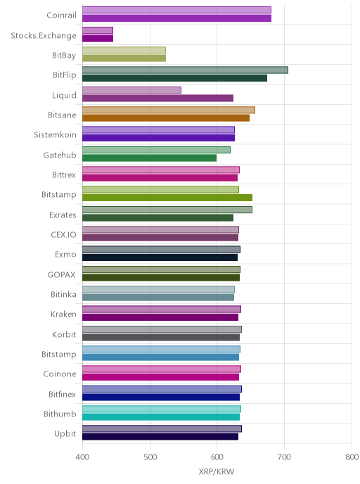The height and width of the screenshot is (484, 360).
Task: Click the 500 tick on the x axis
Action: pos(150,457)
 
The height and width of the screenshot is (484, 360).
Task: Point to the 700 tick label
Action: pos(284,457)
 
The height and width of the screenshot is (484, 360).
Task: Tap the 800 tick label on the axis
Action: pos(352,457)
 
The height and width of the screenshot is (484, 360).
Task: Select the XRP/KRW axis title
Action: pos(217,471)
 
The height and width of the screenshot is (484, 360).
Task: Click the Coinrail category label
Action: pos(61,15)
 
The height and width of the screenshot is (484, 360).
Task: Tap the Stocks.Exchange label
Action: pos(44,35)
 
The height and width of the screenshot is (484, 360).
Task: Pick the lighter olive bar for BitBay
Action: pos(124,50)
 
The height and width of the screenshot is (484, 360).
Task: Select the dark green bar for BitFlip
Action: pos(174,78)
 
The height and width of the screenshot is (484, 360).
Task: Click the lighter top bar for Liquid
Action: pos(131,90)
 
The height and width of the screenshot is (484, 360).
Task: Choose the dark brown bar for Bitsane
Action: pos(166,118)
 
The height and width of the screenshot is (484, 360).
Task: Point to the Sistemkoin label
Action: pos(56,135)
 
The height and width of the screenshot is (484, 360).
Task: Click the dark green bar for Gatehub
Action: pos(149,158)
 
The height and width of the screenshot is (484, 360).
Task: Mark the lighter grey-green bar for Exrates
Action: pos(167,210)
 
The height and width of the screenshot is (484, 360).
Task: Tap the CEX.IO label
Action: pos(63,234)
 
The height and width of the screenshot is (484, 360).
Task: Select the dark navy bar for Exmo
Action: pos(160,257)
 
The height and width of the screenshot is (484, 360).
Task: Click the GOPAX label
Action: pos(61,275)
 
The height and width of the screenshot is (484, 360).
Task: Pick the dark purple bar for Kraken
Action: pos(160,317)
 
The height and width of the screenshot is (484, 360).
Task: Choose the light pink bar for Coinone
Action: pos(162,369)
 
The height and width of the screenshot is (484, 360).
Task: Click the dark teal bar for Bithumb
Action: pos(161,417)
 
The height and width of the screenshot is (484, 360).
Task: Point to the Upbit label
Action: pos(65,434)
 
